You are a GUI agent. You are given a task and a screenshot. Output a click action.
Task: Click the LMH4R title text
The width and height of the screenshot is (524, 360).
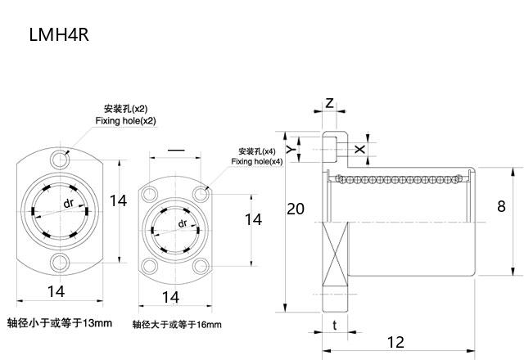tap(58, 35)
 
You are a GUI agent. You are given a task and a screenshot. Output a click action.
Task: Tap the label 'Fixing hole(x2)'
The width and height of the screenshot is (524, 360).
tap(125, 121)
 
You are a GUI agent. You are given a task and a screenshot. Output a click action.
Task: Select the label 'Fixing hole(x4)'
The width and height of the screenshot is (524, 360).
tap(256, 162)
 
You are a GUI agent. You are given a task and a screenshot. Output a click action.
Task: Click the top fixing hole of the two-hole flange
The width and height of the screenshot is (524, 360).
tap(58, 155)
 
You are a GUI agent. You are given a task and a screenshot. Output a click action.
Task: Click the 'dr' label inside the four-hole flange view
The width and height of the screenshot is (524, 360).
tap(182, 223)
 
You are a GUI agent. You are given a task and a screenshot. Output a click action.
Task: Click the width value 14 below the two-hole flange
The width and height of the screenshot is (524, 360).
tap(56, 291)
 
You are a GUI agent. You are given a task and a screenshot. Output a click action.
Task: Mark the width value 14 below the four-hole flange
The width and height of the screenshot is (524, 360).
tap(170, 297)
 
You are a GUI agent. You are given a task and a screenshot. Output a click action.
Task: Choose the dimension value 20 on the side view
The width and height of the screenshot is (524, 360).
tap(296, 209)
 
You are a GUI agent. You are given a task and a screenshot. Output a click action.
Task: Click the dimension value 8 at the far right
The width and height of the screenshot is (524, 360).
tap(501, 206)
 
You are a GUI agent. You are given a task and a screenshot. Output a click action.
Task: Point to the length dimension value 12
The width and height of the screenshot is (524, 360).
tap(395, 342)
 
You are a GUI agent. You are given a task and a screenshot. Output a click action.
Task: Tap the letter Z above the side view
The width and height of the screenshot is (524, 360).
tap(329, 104)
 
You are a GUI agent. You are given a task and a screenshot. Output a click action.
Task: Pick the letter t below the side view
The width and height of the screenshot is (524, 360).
tap(334, 325)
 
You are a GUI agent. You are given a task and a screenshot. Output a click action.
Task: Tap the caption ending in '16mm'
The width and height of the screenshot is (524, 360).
tap(177, 325)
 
